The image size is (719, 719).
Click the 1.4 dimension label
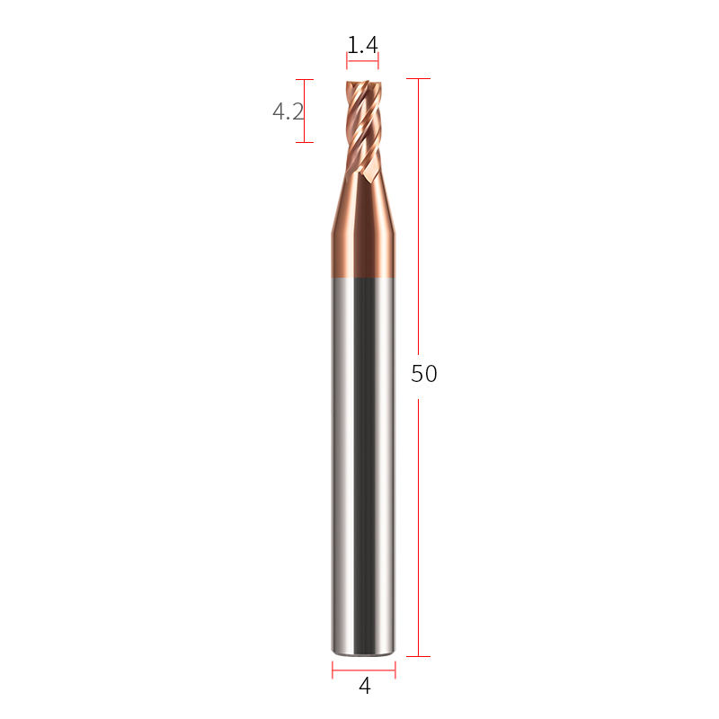(362, 45)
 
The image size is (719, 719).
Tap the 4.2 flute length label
(288, 111)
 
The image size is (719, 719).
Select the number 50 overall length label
(423, 373)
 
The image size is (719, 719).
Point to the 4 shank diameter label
(365, 686)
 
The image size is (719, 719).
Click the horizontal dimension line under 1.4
(362, 60)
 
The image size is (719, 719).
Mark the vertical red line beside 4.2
(304, 111)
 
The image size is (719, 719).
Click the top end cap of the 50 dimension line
(418, 78)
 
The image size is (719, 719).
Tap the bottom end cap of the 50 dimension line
(418, 656)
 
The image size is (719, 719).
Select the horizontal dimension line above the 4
(364, 670)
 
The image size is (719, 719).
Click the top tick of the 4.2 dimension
(305, 79)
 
